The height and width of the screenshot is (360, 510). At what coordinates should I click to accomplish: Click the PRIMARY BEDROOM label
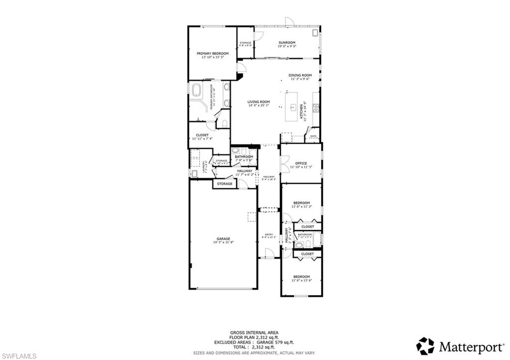pyautogui.click(x=212, y=53)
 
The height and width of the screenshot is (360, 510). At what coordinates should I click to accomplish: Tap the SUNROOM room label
pyautogui.click(x=287, y=42)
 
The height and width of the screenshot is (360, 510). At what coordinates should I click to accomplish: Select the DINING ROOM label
pyautogui.click(x=300, y=75)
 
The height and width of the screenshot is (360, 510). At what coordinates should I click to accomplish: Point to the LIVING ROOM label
pyautogui.click(x=258, y=102)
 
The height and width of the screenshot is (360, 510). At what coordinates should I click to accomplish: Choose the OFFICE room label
pyautogui.click(x=301, y=163)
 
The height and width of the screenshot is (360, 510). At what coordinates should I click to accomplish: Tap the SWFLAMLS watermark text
pyautogui.click(x=18, y=356)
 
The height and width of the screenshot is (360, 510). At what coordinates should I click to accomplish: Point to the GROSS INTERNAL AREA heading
pyautogui.click(x=254, y=333)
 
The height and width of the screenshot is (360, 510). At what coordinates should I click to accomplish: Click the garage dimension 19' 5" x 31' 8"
pyautogui.click(x=223, y=242)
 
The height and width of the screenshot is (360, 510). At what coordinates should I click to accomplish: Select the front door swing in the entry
pyautogui.click(x=269, y=254)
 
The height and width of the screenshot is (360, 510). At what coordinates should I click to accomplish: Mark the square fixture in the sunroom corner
pyautogui.click(x=314, y=33)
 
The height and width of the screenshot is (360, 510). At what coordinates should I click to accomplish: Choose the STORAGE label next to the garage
pyautogui.click(x=225, y=184)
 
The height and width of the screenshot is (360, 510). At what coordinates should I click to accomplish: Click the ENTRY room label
pyautogui.click(x=269, y=235)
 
